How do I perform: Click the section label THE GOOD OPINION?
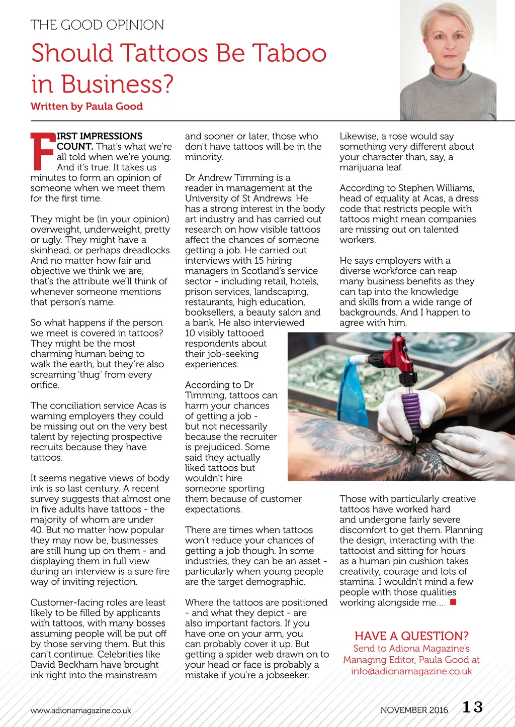pos(97,25)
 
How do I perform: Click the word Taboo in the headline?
pos(289,53)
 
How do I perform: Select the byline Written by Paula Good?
pos(87,107)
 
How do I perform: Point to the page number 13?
pos(472,707)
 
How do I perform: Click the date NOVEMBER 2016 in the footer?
pos(414,710)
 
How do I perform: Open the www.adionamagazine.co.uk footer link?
pos(80,710)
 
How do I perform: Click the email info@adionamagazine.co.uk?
pos(411,671)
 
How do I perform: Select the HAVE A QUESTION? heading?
pos(411,636)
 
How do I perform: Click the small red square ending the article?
pos(453,602)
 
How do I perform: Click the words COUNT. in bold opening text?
pos(75,147)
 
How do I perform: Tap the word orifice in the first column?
pos(45,385)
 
